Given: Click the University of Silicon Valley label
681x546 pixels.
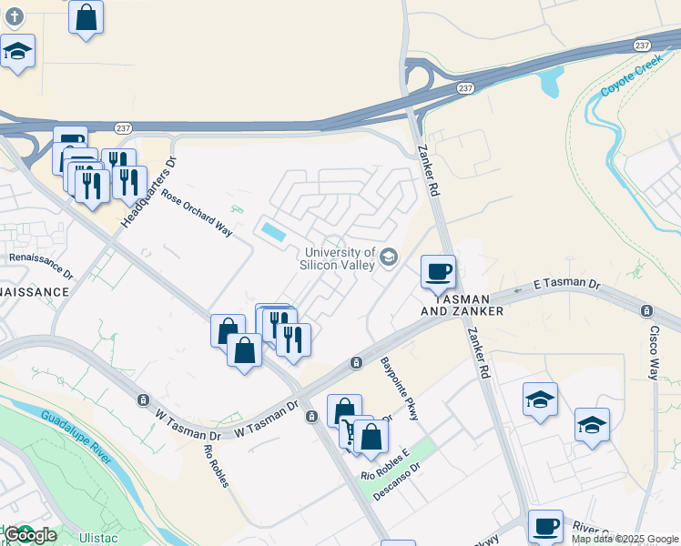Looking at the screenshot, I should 340,258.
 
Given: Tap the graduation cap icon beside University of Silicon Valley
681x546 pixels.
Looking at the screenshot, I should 390,258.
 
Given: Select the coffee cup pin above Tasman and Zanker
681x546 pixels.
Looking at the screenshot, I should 438,271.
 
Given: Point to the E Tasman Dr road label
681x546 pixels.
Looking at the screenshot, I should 566,285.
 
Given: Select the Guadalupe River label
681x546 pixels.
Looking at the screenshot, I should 76,437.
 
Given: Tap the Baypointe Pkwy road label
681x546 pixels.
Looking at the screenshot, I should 401,389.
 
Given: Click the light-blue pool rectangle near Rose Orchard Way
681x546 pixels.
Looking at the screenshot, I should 272,232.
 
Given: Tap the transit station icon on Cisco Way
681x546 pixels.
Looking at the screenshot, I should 647,310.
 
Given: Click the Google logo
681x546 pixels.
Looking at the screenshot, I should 30,535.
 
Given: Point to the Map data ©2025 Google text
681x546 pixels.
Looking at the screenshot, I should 625,539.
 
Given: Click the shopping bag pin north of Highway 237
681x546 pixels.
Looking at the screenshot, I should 86,18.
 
